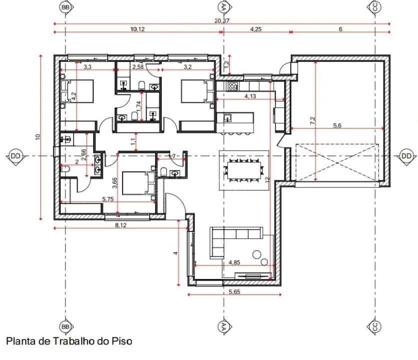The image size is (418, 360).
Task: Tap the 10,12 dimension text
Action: pos(137,29)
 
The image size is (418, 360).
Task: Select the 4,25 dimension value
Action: pos(256,29)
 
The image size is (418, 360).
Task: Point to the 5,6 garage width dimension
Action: pos(337,125)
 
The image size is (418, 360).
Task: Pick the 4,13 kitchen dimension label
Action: pos(250,96)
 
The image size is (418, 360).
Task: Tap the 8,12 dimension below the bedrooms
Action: pos(121,225)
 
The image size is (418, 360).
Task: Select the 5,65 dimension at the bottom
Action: pos(234,291)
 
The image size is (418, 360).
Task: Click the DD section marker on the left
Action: pos(16,156)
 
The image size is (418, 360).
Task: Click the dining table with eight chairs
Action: pos(243,170)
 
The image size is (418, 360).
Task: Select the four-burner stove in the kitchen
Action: pos(233,86)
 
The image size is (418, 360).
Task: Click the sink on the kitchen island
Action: pos(228,118)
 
